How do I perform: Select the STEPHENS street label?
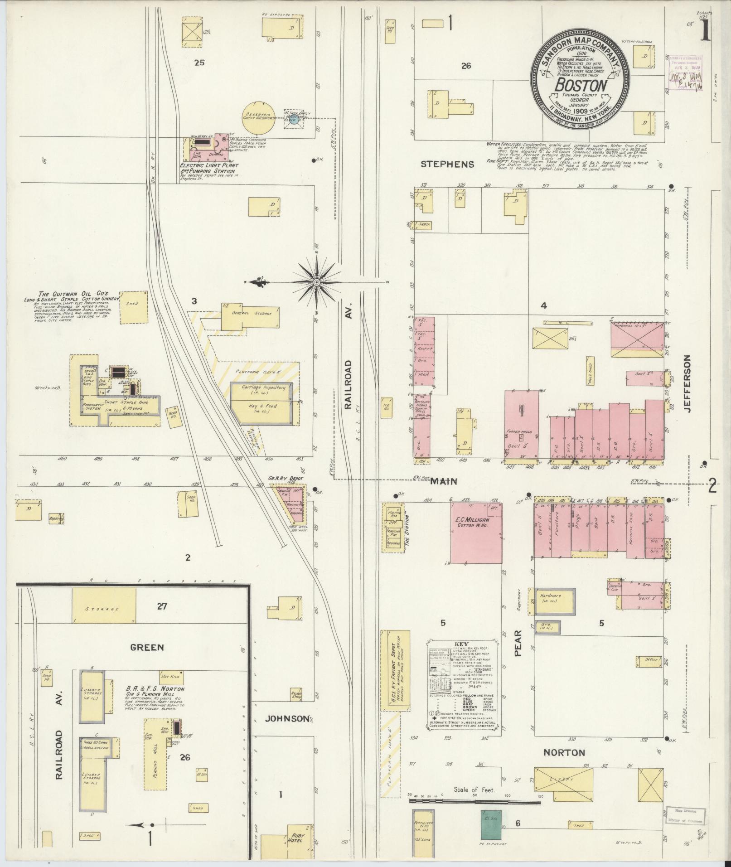[447, 164]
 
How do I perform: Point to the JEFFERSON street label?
[688, 383]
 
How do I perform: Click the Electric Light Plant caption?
[207, 166]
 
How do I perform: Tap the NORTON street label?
[564, 753]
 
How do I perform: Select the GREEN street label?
[146, 648]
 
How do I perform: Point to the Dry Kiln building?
[171, 677]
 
